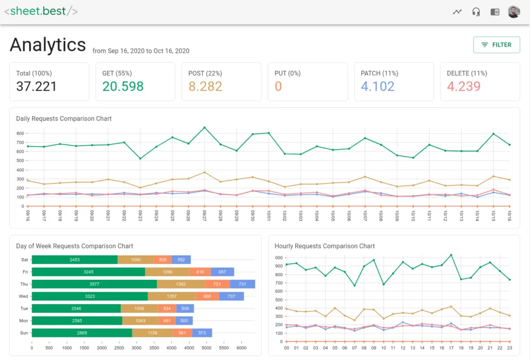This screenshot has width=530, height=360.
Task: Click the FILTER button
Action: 496,45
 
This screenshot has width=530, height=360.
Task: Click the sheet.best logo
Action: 41,11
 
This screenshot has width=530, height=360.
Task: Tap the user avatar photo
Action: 513,12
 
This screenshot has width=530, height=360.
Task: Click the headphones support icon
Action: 476,12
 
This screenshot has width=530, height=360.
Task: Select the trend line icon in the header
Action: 457,12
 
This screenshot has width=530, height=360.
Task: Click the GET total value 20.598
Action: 123,87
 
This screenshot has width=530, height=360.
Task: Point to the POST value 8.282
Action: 205,87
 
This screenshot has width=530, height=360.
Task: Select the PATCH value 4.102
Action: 377,87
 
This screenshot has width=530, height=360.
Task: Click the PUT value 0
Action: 278,87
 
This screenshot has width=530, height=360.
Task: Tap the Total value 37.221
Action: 36,87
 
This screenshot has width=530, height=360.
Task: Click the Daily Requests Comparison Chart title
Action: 64,119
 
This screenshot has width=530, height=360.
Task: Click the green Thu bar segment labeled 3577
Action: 94,284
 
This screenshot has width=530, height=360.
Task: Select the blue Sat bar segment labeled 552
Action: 181,260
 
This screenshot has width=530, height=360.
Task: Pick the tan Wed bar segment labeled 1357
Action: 171,296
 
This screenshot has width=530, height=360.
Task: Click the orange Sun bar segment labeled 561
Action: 183,333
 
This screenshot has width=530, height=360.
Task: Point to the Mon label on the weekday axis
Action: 23,321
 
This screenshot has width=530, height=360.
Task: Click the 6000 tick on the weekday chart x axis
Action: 242,348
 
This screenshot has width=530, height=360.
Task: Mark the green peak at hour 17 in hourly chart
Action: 451,255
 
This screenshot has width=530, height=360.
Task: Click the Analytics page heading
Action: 48,45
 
